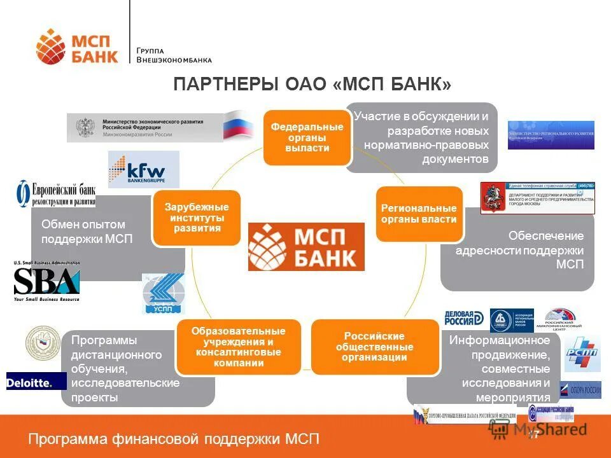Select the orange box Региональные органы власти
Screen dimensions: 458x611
(419, 214)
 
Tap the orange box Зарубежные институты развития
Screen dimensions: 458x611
(196, 218)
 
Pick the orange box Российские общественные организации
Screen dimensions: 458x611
(375, 347)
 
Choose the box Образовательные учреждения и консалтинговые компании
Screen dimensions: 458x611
(239, 347)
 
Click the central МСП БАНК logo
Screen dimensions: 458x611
(306, 247)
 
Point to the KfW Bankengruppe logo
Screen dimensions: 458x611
(144, 169)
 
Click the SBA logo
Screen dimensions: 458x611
(46, 281)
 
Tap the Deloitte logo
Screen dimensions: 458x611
(36, 381)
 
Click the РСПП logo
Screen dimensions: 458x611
(583, 354)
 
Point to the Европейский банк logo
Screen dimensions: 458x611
(55, 193)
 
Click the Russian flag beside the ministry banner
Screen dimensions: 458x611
(239, 125)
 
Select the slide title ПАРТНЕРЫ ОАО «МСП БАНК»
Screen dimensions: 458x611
(313, 85)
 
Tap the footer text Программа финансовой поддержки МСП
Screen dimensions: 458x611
(174, 439)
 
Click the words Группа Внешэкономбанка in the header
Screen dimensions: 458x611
(174, 55)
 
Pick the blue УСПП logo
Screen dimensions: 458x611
(163, 294)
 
